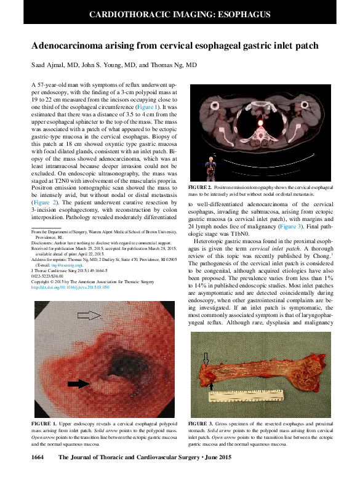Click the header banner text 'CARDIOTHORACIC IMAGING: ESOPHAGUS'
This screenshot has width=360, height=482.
click(180, 13)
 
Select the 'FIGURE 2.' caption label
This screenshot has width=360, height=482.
click(201, 187)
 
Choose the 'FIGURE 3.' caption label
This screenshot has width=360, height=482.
click(201, 424)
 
